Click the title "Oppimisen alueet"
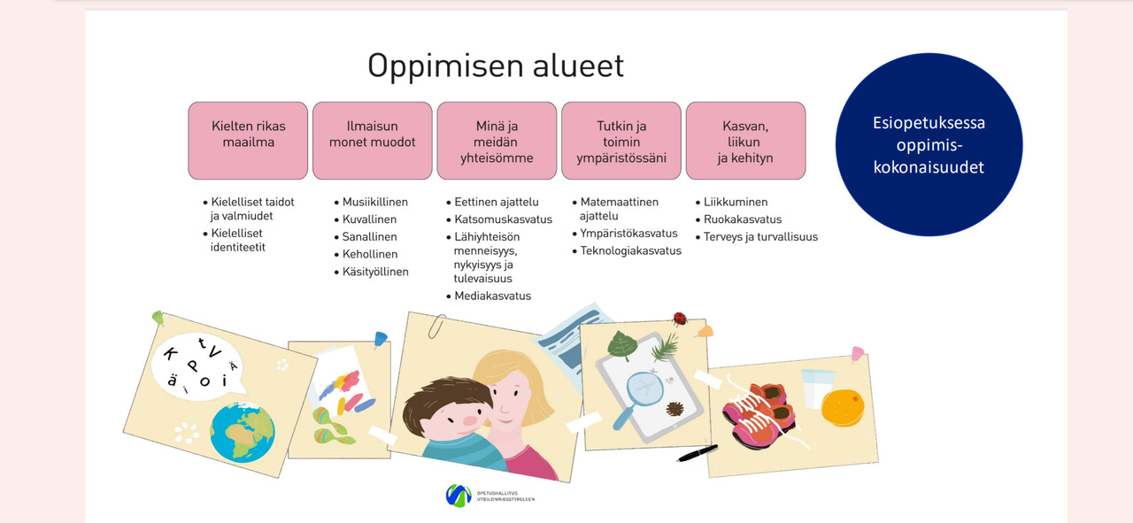coord(496,66)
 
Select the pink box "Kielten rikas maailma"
coord(248,141)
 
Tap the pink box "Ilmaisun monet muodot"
coord(373,141)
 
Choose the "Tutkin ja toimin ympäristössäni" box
coord(621,141)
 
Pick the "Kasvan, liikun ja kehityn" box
coord(745,141)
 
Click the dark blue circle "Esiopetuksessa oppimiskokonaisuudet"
coord(929,144)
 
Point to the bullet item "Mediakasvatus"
coord(489,296)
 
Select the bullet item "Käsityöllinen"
coord(371,272)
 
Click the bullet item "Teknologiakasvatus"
coord(627,250)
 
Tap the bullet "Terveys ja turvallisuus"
coord(757,236)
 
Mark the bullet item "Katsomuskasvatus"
coord(499,219)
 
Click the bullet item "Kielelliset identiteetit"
coord(234,240)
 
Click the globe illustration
coord(243,432)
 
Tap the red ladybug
coord(679,319)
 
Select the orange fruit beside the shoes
coord(843,407)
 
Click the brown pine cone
coord(674,409)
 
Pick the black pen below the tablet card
coord(698,453)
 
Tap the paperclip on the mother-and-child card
coord(437,327)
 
